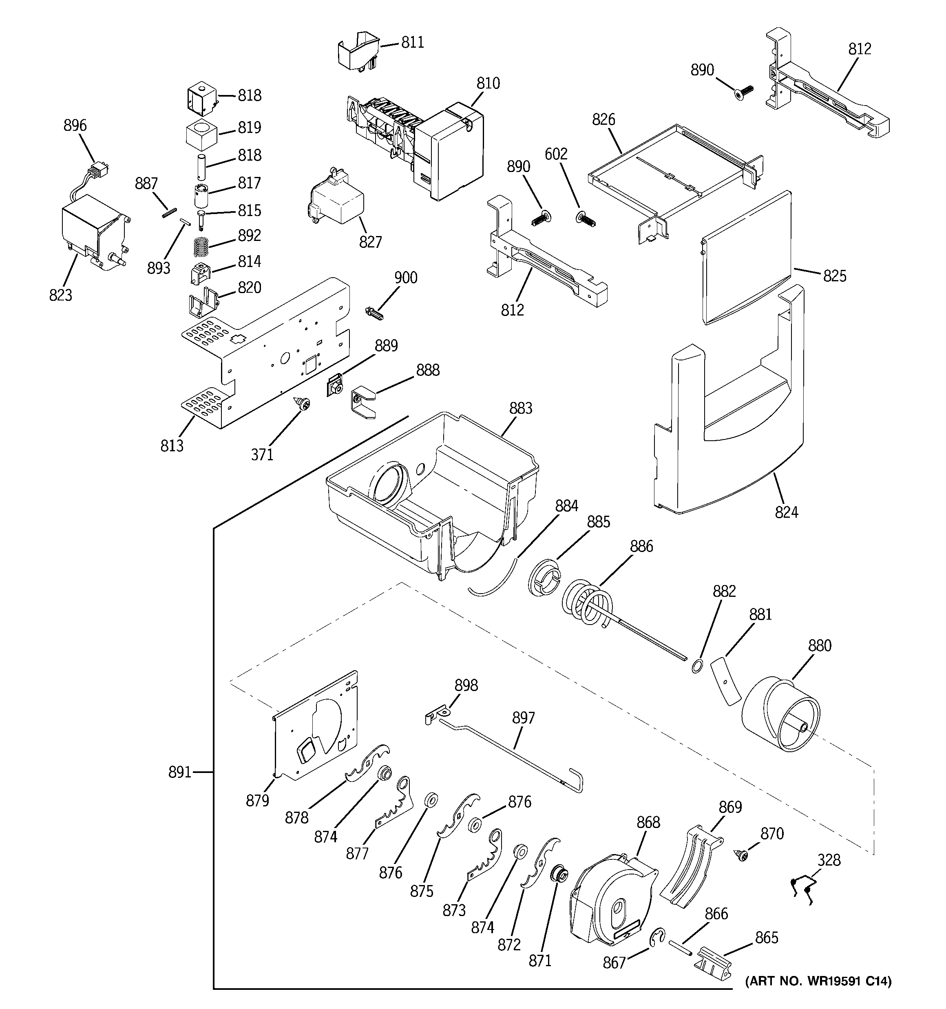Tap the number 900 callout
[x=406, y=278]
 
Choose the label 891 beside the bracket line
[x=180, y=773]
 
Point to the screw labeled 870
[x=741, y=855]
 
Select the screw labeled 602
[x=586, y=219]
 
